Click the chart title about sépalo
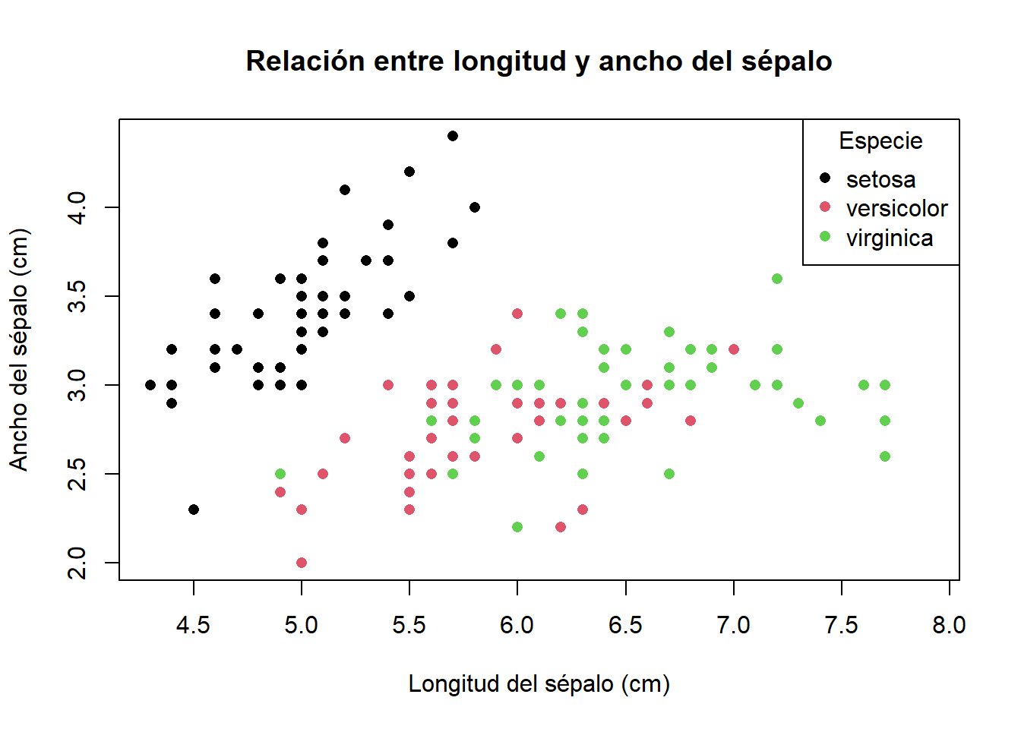coord(539,62)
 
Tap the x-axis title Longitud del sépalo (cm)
coord(539,683)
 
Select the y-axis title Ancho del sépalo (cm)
coord(19,349)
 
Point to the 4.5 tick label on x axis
coord(193,625)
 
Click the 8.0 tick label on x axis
coord(949,625)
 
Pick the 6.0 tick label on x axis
coord(517,625)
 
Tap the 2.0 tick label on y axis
coord(77,563)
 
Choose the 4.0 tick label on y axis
coord(77,207)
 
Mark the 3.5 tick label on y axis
coord(77,296)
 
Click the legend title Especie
coord(880,141)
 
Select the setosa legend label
coord(880,179)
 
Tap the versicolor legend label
coord(896,208)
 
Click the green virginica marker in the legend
coord(825,236)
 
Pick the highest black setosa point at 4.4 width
coord(453,136)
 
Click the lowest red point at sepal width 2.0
coord(302,563)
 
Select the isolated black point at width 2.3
coord(194,510)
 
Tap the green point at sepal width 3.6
coord(777,279)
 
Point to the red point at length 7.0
coord(734,349)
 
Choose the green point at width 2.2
coord(517,527)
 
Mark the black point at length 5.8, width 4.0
coord(475,207)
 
